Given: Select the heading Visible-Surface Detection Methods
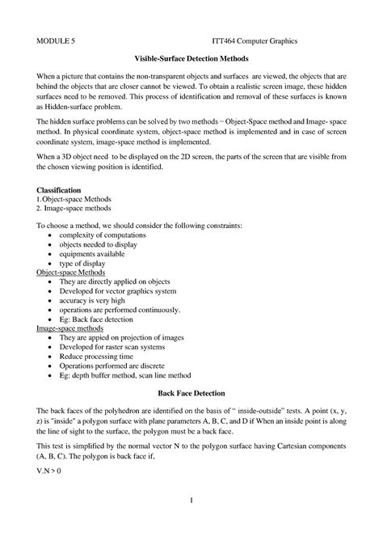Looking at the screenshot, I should [x=191, y=59].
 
